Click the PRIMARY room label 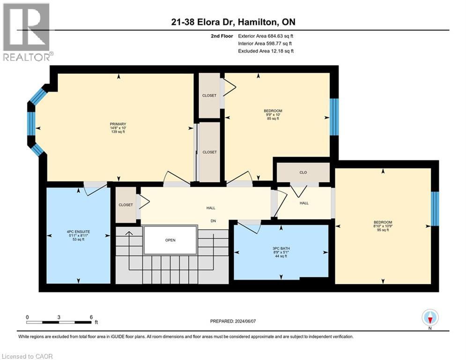tap(118, 124)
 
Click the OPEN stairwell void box tap(170, 240)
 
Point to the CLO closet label tap(303, 172)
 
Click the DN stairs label tap(213, 221)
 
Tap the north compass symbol tap(429, 318)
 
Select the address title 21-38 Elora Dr tap(233, 22)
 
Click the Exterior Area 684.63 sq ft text tap(266, 36)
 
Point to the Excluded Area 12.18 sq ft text tap(266, 51)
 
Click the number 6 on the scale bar tap(90, 317)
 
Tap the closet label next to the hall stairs tap(126, 205)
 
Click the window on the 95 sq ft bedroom tap(435, 209)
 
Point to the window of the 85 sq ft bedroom tap(334, 117)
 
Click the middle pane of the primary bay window tap(31, 127)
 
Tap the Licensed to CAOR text tap(27, 356)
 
